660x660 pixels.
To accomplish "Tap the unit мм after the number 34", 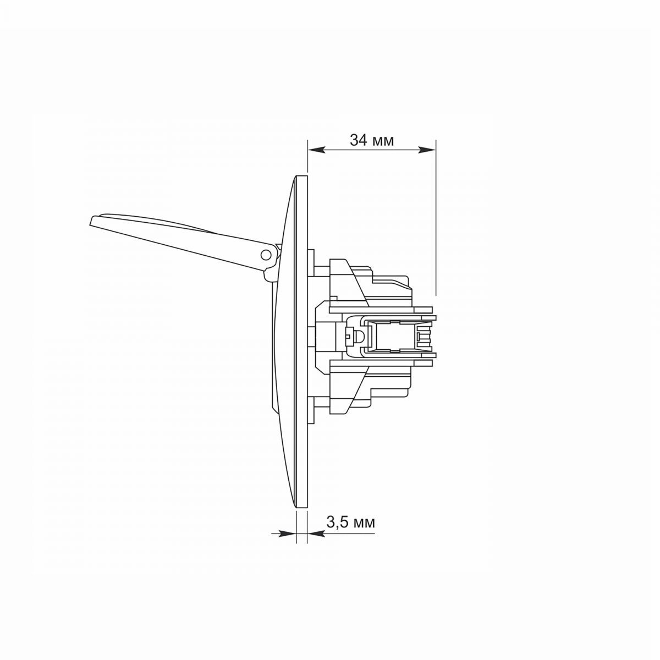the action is [x=383, y=141].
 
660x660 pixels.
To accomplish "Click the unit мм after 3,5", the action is [x=364, y=523].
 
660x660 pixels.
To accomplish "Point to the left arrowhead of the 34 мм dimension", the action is [x=316, y=150].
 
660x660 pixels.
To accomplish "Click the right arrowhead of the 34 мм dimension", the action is [x=427, y=150].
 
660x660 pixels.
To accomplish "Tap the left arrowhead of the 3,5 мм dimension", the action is [x=288, y=534].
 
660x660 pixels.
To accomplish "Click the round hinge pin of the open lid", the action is [x=265, y=254].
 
